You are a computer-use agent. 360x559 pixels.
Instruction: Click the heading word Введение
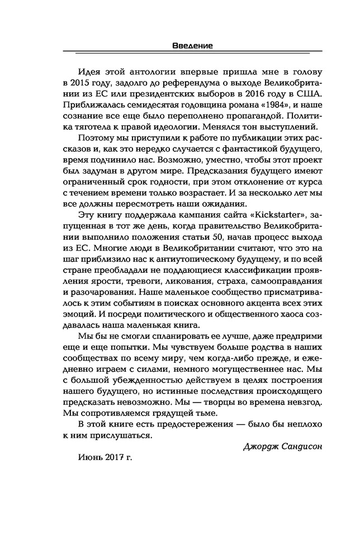(192, 46)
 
